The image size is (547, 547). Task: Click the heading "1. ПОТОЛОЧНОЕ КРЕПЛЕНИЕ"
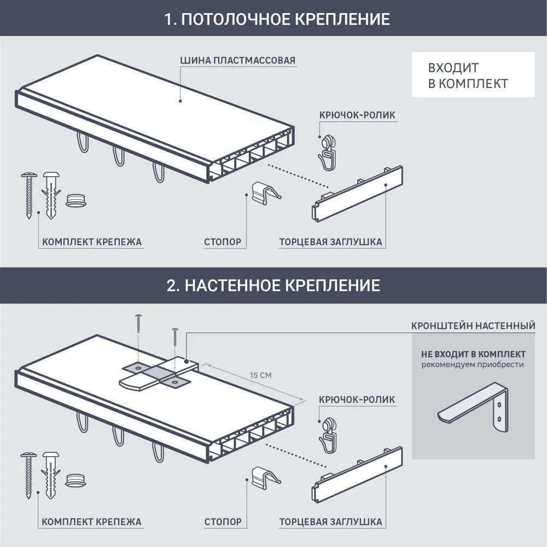pyautogui.click(x=277, y=20)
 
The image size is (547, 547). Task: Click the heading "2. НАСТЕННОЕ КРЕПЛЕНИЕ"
pyautogui.click(x=273, y=286)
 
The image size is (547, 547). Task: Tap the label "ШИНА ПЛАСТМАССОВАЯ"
pyautogui.click(x=238, y=60)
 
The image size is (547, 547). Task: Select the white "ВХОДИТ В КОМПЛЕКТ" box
pyautogui.click(x=473, y=75)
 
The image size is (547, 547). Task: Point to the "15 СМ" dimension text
pyautogui.click(x=260, y=376)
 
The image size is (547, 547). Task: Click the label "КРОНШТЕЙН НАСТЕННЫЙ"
pyautogui.click(x=473, y=326)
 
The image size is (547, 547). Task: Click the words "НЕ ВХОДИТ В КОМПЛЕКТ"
pyautogui.click(x=473, y=354)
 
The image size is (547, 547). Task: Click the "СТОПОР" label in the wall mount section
pyautogui.click(x=223, y=522)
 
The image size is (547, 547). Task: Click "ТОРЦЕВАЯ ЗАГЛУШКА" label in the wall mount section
pyautogui.click(x=330, y=522)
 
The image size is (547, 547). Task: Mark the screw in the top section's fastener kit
pyautogui.click(x=27, y=194)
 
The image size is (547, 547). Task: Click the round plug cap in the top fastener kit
pyautogui.click(x=76, y=200)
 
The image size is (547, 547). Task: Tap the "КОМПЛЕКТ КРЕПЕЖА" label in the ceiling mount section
pyautogui.click(x=92, y=242)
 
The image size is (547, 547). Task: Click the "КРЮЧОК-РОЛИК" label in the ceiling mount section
pyautogui.click(x=357, y=115)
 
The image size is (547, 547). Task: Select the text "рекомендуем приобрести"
pyautogui.click(x=473, y=365)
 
